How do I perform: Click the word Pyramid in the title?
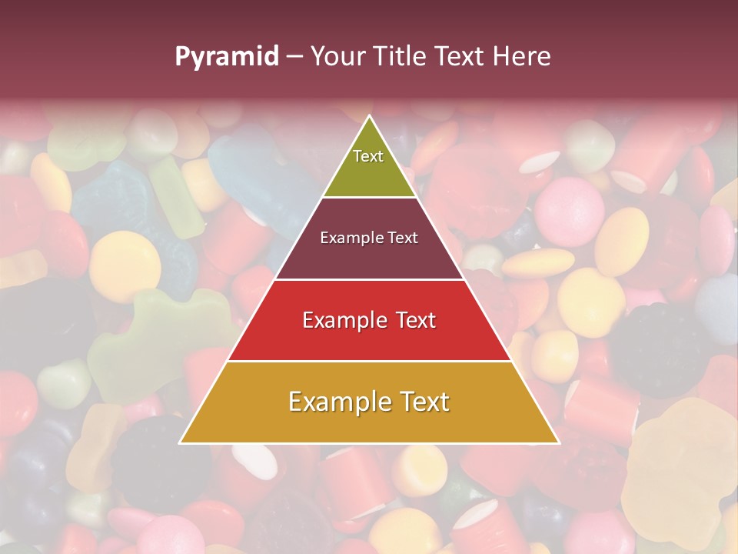click(x=227, y=57)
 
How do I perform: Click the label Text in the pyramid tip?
click(x=368, y=156)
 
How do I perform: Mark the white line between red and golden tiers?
click(x=369, y=361)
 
